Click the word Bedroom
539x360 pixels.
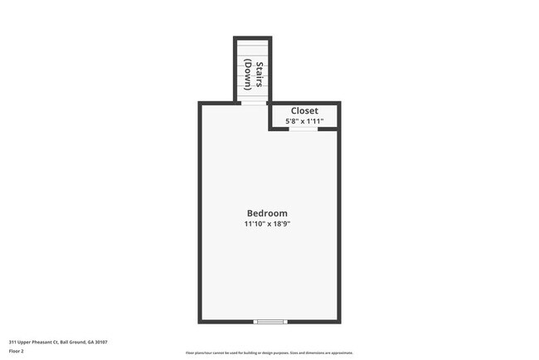tap(267, 213)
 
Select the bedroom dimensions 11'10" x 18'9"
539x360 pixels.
tap(267, 224)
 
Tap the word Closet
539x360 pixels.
tap(304, 110)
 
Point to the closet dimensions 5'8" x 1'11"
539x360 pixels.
tap(304, 122)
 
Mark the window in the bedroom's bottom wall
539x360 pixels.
tap(270, 321)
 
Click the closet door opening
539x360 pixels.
tap(303, 129)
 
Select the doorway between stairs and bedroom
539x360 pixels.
tap(253, 103)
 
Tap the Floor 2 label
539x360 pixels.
tap(17, 351)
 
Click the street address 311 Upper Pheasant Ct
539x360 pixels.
tap(34, 342)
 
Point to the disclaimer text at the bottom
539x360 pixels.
tap(269, 353)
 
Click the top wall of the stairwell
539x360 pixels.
tap(253, 37)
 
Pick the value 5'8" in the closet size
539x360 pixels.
tap(291, 122)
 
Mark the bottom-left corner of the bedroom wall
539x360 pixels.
tap(200, 321)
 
